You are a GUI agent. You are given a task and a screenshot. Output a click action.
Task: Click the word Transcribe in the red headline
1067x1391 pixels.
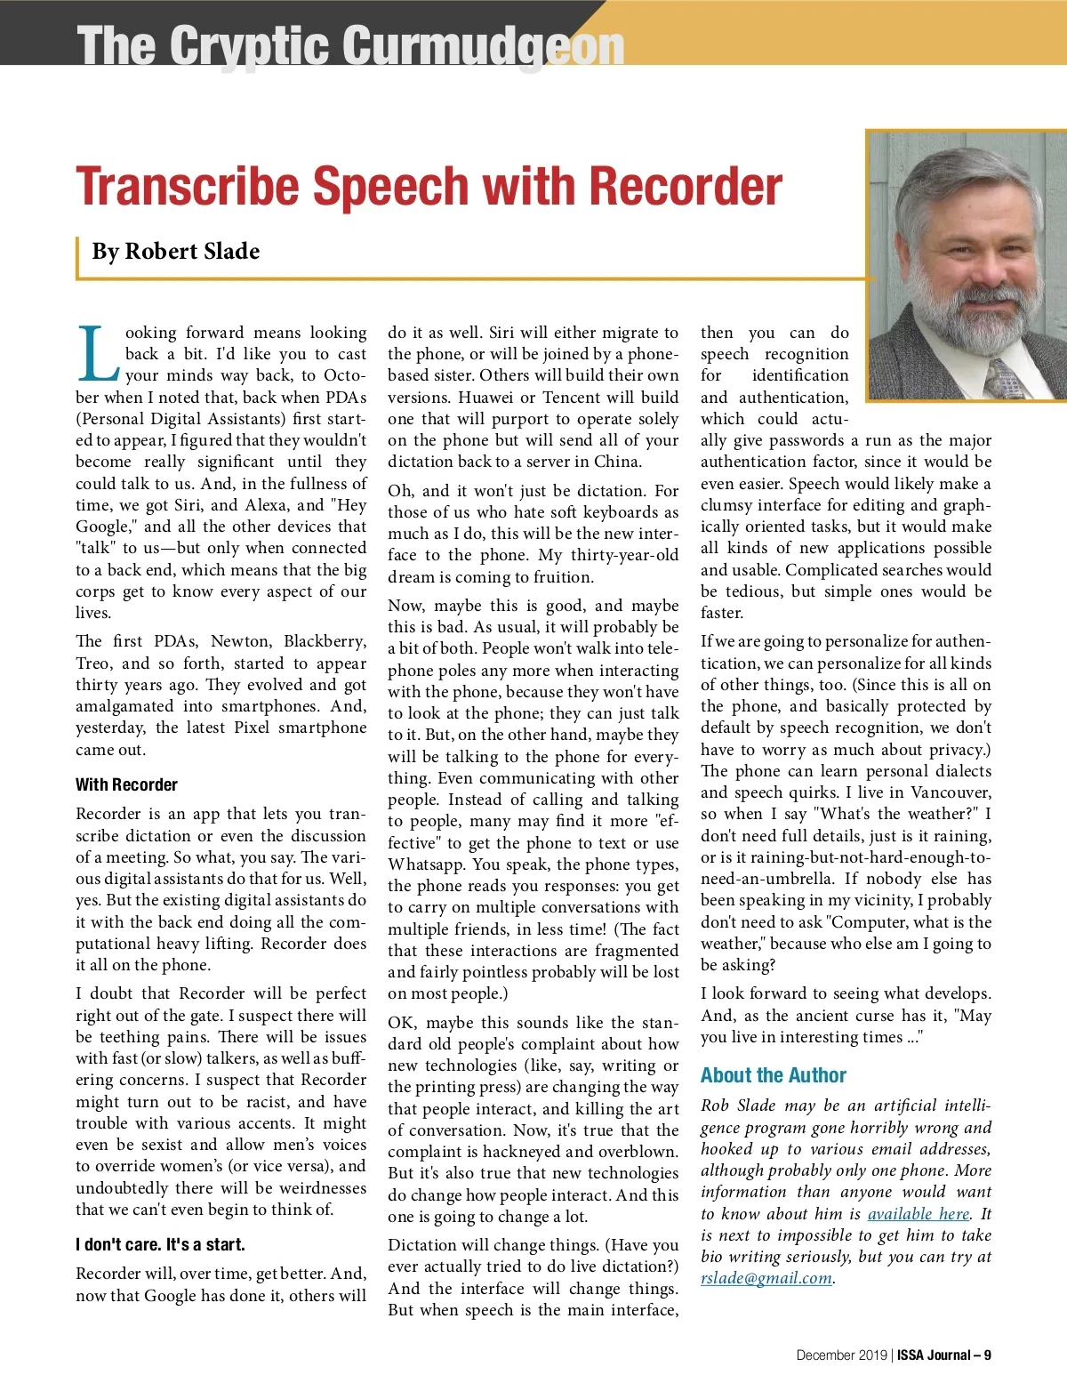point(189,186)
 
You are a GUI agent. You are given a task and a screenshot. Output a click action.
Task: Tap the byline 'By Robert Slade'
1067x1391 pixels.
point(176,252)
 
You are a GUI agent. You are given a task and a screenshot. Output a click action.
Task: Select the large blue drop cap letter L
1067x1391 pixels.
point(97,353)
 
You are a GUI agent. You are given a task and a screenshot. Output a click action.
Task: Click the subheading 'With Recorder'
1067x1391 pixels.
point(126,784)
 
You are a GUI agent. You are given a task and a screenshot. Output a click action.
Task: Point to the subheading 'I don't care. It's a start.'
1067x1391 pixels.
point(160,1244)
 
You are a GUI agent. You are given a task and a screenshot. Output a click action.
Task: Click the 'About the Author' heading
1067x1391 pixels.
point(773,1075)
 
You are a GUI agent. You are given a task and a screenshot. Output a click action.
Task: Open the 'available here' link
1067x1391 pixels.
point(918,1214)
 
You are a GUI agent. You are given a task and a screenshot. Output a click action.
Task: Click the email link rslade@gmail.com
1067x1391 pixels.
point(766,1278)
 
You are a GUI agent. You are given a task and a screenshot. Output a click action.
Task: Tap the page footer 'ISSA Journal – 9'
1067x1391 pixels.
point(943,1355)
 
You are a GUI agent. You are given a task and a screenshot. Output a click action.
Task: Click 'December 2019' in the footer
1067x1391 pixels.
point(841,1355)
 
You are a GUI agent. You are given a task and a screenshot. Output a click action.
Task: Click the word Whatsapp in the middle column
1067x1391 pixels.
point(424,864)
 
